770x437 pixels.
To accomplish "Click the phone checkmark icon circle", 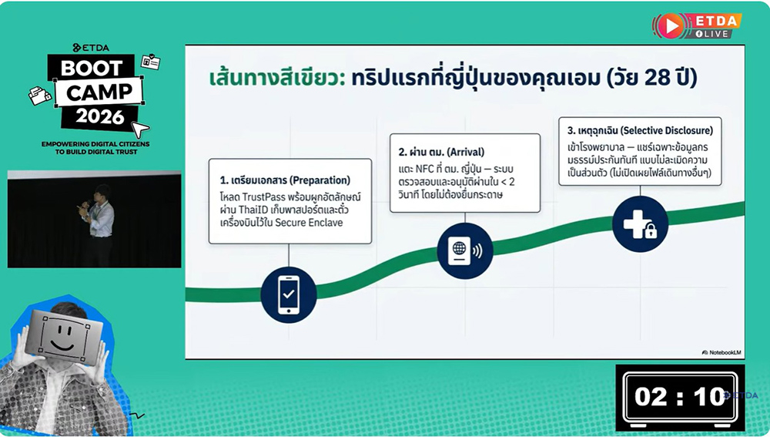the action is (289, 295).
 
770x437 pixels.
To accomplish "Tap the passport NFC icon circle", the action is (465, 250).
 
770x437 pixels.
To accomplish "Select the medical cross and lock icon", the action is (640, 224).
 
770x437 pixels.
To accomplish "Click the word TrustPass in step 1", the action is (264, 197).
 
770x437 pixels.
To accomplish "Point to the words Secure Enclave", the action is (309, 223).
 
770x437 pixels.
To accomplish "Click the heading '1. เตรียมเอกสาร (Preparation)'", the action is (285, 180).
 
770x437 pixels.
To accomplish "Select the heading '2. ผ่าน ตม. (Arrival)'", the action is (441, 152).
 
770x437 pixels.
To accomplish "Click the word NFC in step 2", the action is (425, 169).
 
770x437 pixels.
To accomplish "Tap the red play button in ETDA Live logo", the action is (671, 25).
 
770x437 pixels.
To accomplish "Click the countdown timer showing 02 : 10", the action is (680, 397).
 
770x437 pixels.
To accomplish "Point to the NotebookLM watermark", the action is (721, 352).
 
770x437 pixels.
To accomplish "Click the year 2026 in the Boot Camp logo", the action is (99, 116).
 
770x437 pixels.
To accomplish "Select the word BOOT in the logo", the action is (92, 68).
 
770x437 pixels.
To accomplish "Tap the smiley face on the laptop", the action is (63, 337).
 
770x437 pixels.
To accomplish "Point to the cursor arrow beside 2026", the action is (140, 129).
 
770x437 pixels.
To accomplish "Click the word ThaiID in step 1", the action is (253, 210).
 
